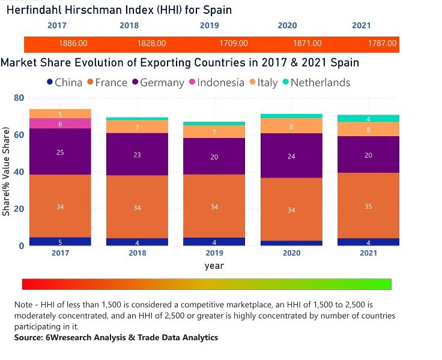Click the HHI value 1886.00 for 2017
73,44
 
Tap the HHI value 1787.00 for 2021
382,44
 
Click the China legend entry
64,82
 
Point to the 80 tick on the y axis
19,98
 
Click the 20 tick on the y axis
19,209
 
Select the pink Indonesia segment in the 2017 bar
60,123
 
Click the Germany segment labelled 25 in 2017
60,152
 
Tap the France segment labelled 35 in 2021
368,206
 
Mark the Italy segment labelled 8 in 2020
291,126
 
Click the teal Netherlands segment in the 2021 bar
368,118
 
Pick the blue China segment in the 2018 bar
138,242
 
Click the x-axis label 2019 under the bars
214,254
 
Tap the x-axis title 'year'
214,265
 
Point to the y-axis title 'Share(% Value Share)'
7,171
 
